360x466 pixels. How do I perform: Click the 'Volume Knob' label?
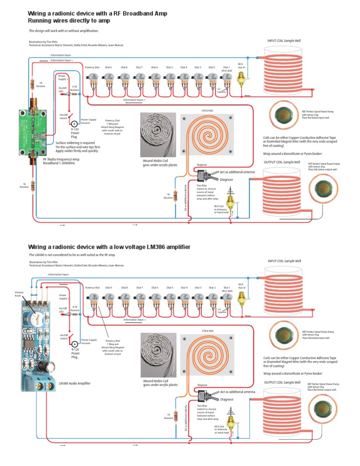(x=18, y=294)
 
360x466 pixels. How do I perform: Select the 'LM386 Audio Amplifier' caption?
(x=75, y=383)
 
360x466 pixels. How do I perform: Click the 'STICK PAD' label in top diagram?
(x=207, y=111)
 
